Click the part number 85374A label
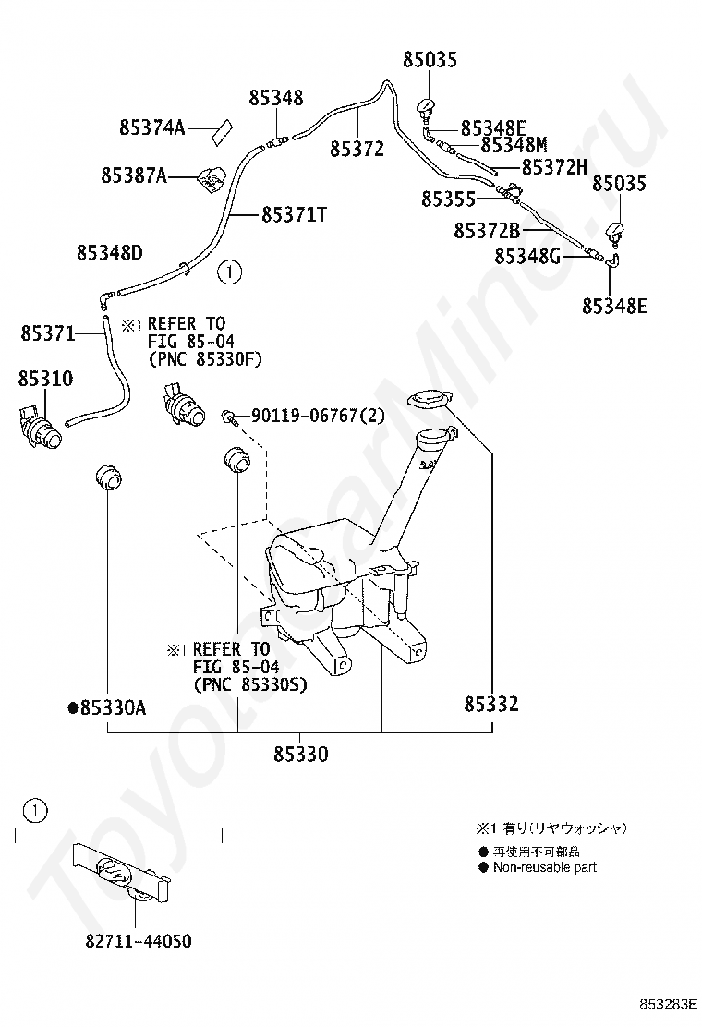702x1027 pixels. pos(152,128)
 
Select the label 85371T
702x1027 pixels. pos(295,214)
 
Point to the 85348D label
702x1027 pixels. pos(109,251)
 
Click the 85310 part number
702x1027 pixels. pos(43,379)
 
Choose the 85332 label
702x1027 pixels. pos(490,705)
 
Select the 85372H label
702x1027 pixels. pos(554,167)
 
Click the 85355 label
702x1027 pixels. pos(449,199)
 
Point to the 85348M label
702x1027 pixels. pos(514,145)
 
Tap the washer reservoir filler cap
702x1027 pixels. pos(428,399)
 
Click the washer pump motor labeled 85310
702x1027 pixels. pos(42,426)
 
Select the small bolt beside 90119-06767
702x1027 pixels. pos(226,418)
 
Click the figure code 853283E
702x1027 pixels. pos(672,1002)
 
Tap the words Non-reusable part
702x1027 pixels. pos(544,867)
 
